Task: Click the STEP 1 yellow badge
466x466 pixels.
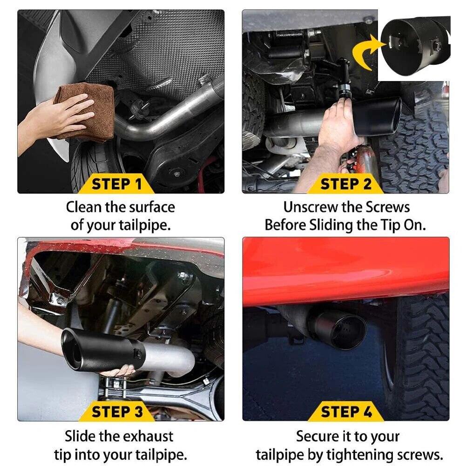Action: pyautogui.click(x=116, y=183)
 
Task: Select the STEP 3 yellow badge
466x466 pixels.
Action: pyautogui.click(x=117, y=412)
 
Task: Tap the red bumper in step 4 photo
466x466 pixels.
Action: pyautogui.click(x=344, y=270)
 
